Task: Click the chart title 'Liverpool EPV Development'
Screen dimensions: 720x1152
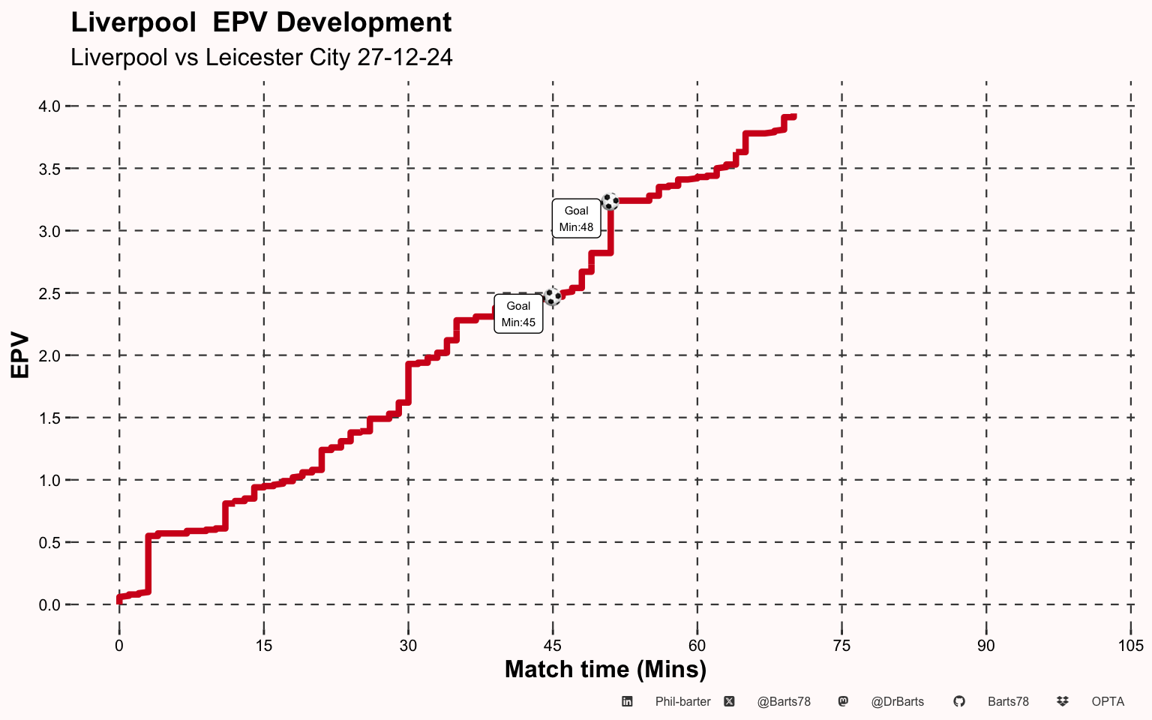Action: pos(261,22)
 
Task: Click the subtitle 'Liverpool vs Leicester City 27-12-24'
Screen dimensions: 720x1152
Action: pos(261,58)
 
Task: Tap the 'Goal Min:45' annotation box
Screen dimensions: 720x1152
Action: pos(518,314)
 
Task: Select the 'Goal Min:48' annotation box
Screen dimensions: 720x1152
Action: pos(576,219)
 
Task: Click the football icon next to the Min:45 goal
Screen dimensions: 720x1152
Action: pos(553,296)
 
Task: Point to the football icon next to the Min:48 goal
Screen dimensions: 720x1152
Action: pos(610,201)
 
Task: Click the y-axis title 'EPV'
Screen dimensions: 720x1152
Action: pos(20,355)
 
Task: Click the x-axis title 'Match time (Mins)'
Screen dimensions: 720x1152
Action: pos(605,669)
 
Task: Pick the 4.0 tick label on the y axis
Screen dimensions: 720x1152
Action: pos(49,106)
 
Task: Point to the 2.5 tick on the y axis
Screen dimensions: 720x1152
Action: pos(49,293)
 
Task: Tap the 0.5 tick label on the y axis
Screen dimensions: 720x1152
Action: pos(49,542)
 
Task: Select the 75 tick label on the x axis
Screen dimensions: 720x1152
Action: pos(841,646)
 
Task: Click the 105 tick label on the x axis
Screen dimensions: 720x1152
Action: pos(1130,646)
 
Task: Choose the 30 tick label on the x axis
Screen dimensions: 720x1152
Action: pos(408,646)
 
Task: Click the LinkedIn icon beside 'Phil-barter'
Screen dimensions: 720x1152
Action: pos(628,702)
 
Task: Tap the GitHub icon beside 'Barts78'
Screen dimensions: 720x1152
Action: pos(958,702)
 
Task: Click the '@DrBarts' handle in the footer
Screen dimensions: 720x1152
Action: pos(897,702)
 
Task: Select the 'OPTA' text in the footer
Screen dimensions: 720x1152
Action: pos(1108,702)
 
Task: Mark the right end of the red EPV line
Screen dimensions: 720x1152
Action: pos(793,117)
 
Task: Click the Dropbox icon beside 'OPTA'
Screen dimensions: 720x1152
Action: pos(1062,702)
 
